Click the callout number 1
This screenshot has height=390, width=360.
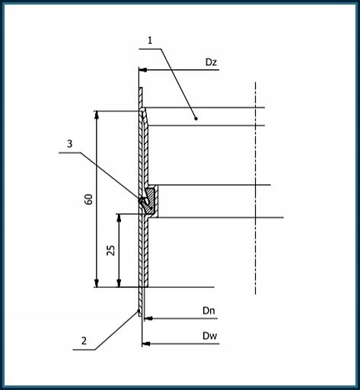pyautogui.click(x=150, y=40)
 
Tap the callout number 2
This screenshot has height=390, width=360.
pyautogui.click(x=84, y=340)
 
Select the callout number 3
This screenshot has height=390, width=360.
pyautogui.click(x=69, y=144)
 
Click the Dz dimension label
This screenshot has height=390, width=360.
pyautogui.click(x=211, y=62)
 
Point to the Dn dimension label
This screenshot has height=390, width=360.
pyautogui.click(x=209, y=311)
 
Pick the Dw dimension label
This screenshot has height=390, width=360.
pyautogui.click(x=209, y=336)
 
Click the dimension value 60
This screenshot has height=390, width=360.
pyautogui.click(x=88, y=200)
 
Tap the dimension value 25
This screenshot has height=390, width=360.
pyautogui.click(x=110, y=251)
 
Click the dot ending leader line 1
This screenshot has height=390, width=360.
pyautogui.click(x=196, y=118)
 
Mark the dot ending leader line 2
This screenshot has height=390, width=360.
pyautogui.click(x=139, y=310)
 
